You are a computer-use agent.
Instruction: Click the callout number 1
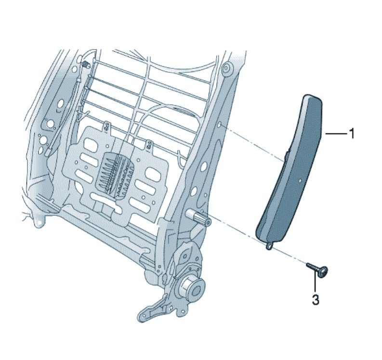(352, 133)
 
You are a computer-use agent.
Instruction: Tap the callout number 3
(316, 300)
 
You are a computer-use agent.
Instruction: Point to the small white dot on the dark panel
(300, 181)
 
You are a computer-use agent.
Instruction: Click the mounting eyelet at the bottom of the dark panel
(268, 247)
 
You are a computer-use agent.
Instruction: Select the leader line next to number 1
(336, 133)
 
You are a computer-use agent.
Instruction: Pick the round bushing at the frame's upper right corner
(227, 67)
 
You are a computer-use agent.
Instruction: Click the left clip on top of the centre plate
(107, 125)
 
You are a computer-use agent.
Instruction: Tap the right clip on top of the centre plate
(149, 145)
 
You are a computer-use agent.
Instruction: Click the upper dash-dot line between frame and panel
(253, 143)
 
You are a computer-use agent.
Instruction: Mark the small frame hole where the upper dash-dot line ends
(220, 125)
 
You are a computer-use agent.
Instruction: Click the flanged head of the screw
(323, 271)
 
